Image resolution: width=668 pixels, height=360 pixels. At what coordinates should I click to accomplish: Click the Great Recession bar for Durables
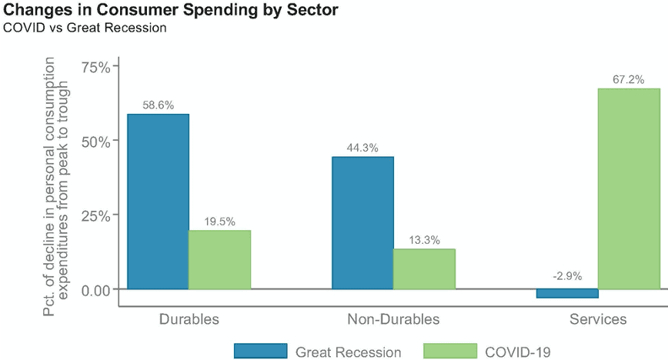click(158, 202)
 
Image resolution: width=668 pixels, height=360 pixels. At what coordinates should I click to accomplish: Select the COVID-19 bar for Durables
click(220, 259)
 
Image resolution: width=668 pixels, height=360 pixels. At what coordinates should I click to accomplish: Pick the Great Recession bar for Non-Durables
click(362, 223)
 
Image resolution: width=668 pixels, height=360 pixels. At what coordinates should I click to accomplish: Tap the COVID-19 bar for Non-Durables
click(424, 268)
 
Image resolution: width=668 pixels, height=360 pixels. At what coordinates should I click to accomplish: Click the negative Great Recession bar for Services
click(567, 293)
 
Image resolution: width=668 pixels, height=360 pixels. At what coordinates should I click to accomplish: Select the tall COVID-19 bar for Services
click(629, 188)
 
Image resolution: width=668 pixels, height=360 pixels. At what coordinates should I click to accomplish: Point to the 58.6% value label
click(158, 105)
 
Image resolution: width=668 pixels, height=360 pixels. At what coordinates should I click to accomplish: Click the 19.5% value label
click(220, 222)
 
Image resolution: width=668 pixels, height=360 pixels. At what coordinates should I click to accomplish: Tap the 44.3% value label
click(362, 148)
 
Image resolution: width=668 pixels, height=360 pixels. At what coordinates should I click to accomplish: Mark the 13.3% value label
click(424, 240)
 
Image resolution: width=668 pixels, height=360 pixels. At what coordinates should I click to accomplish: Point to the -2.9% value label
click(567, 276)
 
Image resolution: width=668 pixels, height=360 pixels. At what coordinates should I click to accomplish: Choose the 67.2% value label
click(629, 79)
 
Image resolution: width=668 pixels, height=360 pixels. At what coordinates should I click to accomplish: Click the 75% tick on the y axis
click(96, 67)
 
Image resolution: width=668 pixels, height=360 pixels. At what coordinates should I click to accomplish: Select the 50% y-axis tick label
click(96, 141)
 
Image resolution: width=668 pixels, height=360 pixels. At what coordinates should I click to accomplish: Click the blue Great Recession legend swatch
click(260, 352)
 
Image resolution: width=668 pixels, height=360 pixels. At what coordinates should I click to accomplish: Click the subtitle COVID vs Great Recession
click(85, 28)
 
